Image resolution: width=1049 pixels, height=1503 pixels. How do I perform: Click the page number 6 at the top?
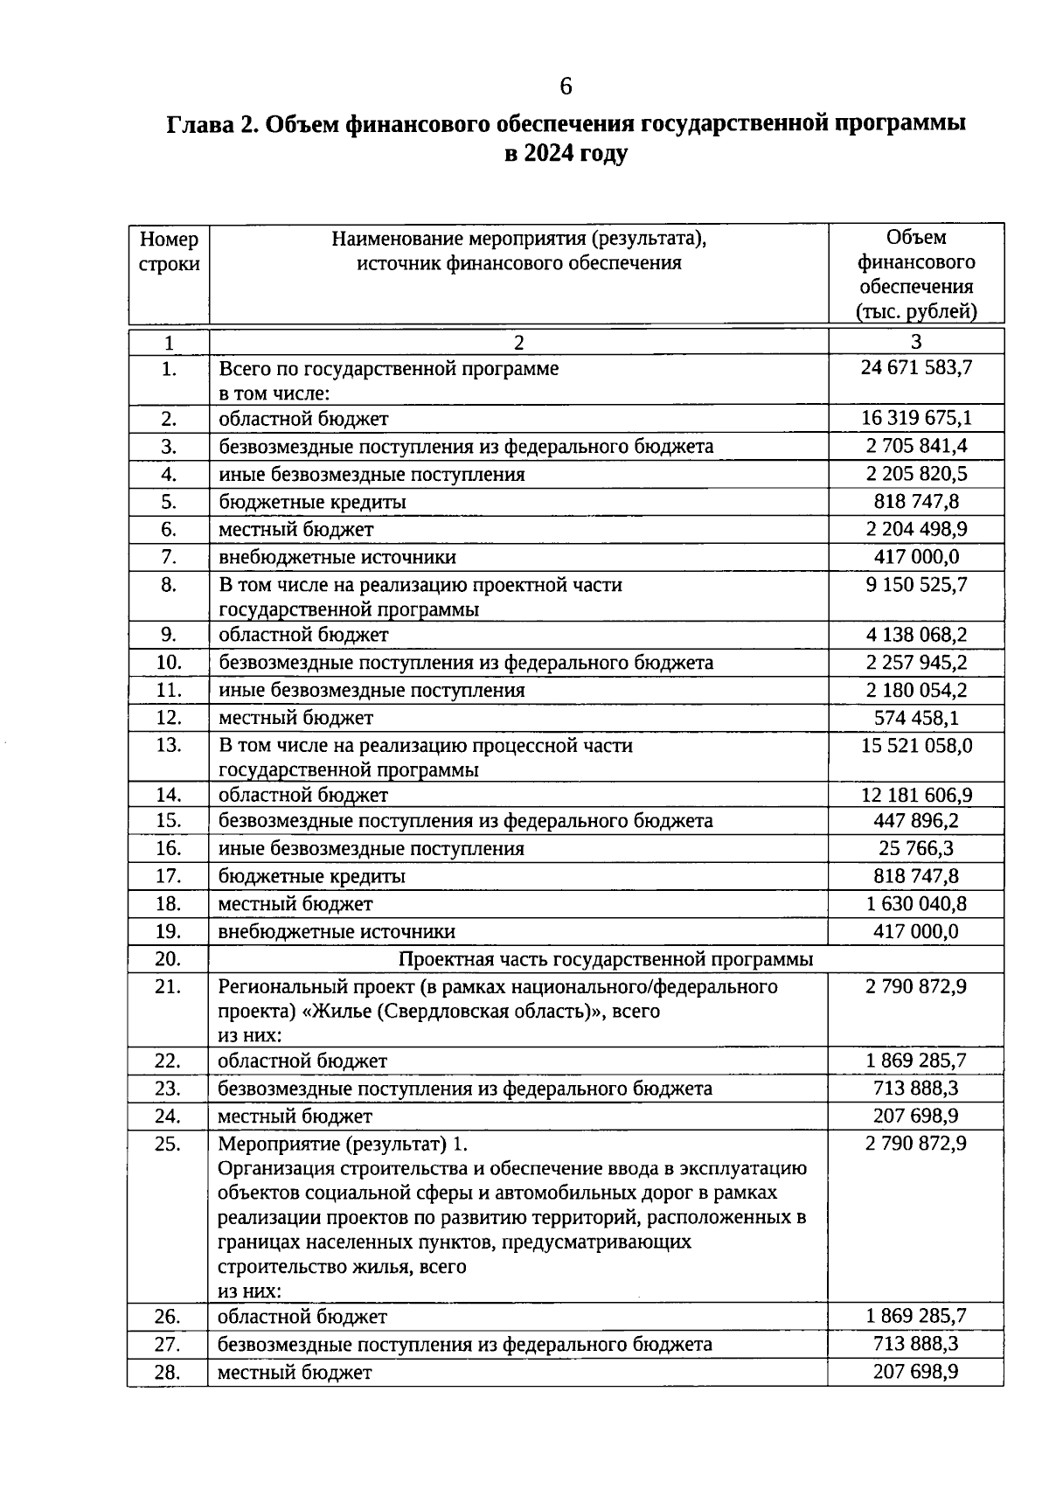click(566, 87)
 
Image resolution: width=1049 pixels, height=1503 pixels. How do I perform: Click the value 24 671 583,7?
click(916, 368)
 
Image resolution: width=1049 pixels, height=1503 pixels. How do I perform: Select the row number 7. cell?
click(169, 557)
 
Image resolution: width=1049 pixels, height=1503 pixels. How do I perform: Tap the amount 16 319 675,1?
click(916, 418)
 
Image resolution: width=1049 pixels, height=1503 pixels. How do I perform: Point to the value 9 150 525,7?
click(916, 584)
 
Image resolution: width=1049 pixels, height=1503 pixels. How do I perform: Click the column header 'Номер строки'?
click(169, 252)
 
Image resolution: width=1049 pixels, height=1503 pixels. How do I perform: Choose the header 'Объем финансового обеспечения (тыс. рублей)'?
click(916, 274)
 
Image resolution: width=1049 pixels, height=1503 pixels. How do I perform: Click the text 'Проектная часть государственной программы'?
click(606, 959)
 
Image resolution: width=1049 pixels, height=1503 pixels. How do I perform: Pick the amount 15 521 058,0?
click(916, 745)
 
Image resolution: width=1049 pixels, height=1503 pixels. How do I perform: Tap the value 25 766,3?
click(916, 848)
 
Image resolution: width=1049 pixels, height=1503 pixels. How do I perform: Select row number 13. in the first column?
click(169, 745)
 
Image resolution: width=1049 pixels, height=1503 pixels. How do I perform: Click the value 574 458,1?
click(916, 718)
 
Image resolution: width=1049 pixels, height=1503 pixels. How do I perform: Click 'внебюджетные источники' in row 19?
click(337, 932)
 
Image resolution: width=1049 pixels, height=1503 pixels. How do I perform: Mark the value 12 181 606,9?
click(916, 795)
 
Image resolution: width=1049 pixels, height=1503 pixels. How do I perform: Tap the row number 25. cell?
click(169, 1144)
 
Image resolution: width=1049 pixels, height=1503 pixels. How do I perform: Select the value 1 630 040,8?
click(916, 904)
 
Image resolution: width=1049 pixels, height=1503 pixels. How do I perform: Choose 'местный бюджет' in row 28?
click(295, 1373)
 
